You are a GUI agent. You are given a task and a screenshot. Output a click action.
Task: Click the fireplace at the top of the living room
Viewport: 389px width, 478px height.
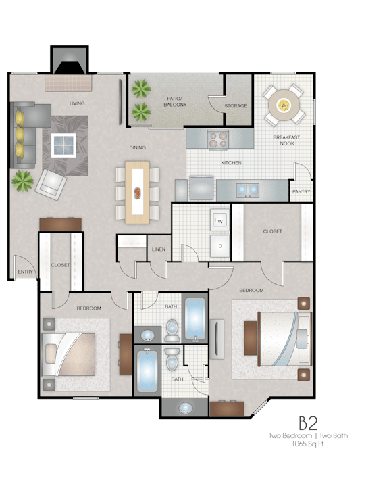(x=70, y=60)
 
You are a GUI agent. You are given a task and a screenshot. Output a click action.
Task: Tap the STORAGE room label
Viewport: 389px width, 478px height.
(x=236, y=105)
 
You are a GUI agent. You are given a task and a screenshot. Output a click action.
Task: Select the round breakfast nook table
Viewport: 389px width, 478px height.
(x=284, y=105)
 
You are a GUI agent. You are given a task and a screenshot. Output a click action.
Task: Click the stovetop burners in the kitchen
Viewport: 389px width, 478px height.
(x=219, y=140)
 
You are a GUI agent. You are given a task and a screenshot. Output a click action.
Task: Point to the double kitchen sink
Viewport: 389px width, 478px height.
(x=248, y=190)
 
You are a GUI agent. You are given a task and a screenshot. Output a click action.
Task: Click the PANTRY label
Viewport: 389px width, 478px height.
(x=301, y=191)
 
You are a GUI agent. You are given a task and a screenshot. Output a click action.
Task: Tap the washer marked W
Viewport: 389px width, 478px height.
(x=219, y=220)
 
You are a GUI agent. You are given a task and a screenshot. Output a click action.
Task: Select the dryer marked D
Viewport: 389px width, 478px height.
(x=219, y=245)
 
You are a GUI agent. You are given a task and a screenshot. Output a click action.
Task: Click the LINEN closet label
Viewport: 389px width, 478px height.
(x=159, y=249)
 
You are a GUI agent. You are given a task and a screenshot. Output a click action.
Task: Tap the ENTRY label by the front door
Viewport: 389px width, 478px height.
(x=25, y=272)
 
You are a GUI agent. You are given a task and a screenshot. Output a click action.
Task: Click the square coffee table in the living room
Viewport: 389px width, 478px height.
(x=63, y=145)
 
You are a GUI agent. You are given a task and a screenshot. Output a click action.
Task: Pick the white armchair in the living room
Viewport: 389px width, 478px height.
(x=51, y=185)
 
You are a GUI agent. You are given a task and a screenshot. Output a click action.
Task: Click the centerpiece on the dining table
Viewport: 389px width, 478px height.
(x=137, y=193)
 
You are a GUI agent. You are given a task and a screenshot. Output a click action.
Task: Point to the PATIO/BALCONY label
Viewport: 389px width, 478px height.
(x=175, y=101)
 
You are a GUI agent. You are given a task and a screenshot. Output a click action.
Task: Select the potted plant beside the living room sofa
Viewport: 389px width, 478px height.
(x=22, y=181)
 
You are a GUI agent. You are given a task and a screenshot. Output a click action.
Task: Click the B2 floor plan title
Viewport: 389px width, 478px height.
(x=308, y=423)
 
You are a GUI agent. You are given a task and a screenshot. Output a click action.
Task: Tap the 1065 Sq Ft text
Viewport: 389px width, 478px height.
(x=308, y=444)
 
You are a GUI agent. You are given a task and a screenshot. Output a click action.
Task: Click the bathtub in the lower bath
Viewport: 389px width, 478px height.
(x=147, y=371)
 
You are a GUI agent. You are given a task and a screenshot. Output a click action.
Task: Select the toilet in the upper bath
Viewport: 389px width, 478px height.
(x=172, y=331)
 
